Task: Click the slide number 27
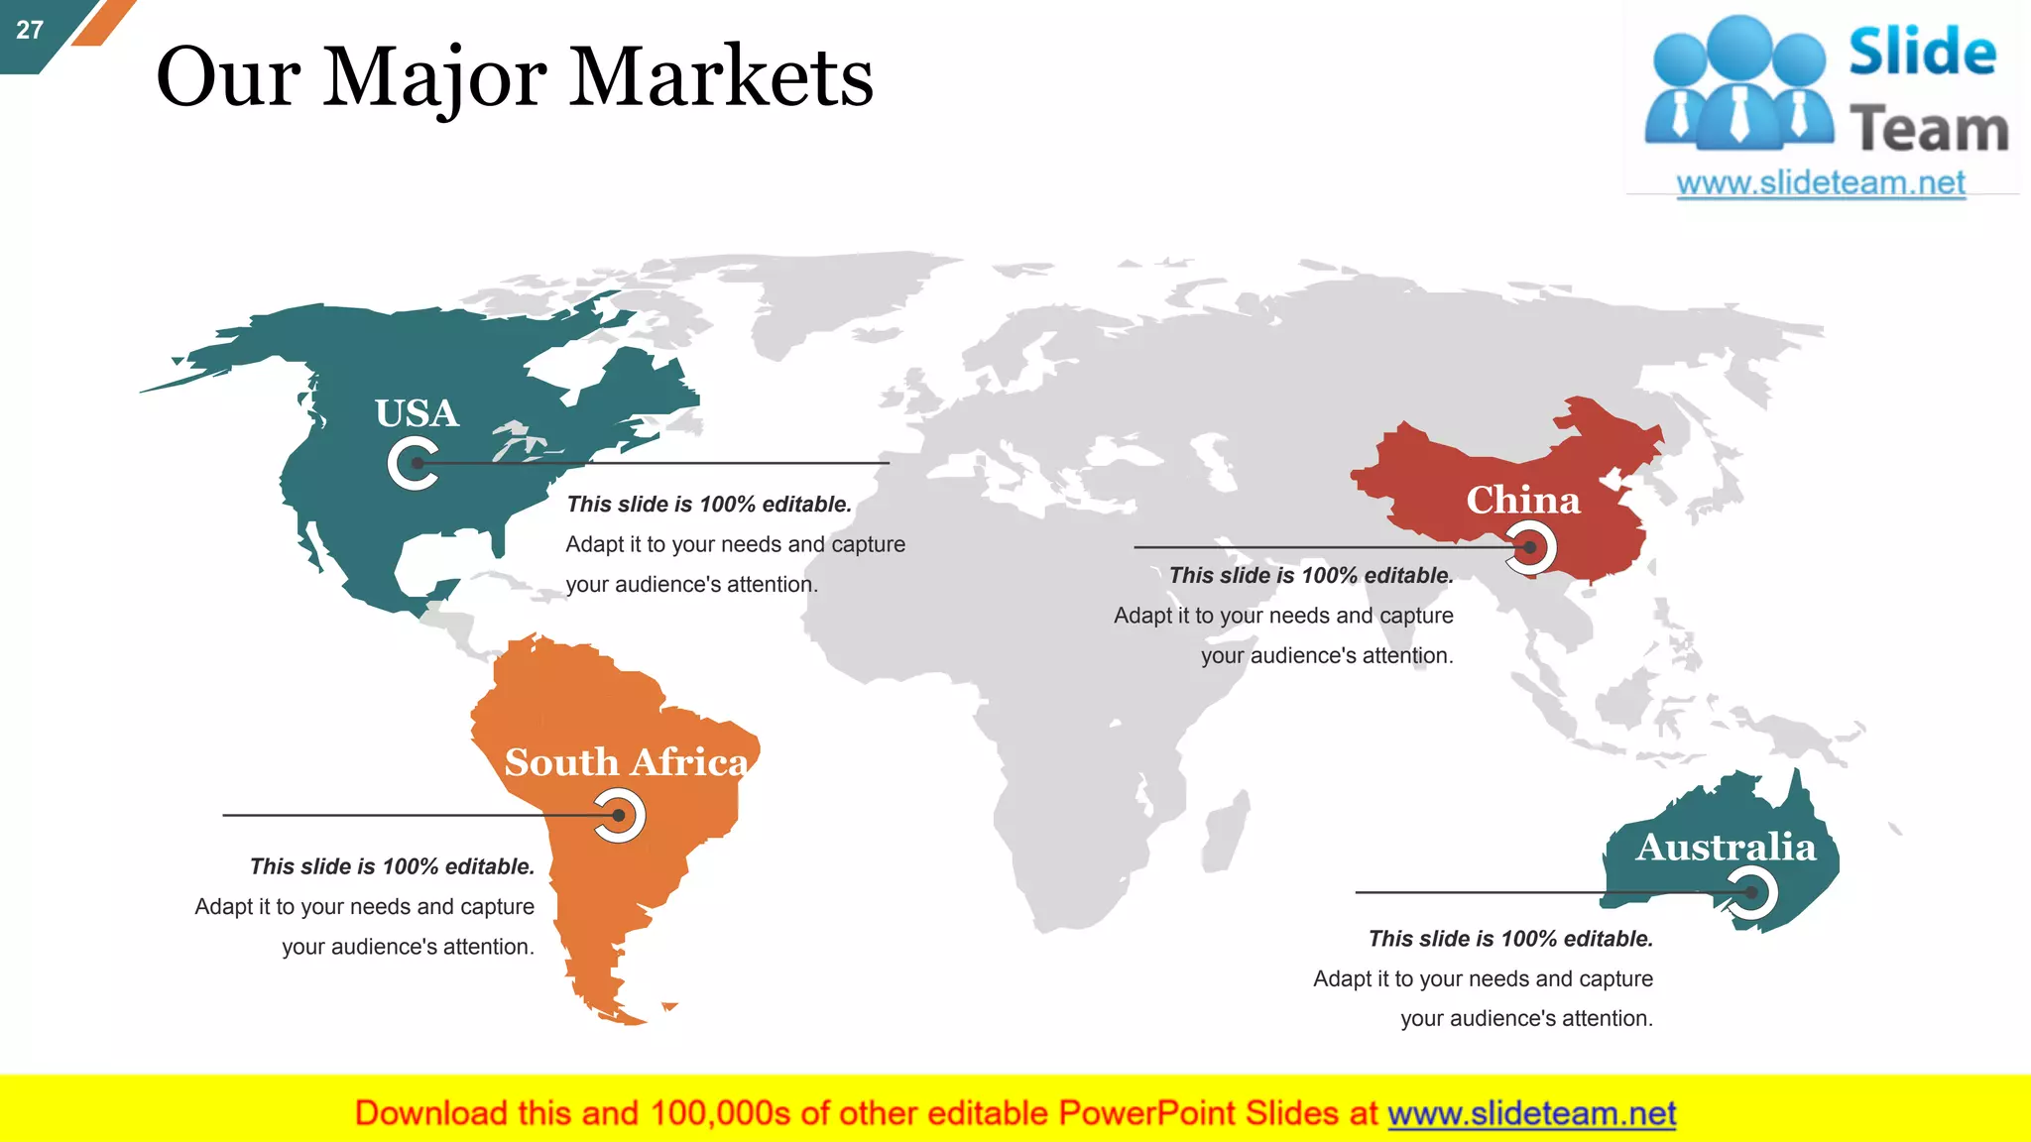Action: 30,30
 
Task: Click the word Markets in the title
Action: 721,77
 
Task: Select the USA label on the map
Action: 417,413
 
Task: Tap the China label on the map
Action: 1522,500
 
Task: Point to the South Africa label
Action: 626,762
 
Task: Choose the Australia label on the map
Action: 1726,848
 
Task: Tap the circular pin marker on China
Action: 1530,547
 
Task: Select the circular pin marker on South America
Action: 619,815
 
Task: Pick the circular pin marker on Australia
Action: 1751,892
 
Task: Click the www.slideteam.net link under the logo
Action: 1821,183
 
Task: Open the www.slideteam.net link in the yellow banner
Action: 1531,1113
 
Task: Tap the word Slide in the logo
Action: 1922,52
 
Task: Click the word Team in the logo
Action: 1929,130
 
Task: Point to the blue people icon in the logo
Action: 1738,84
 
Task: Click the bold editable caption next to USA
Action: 709,505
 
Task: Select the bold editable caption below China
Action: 1311,576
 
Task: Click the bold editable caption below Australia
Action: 1510,939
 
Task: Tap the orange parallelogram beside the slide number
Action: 102,22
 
